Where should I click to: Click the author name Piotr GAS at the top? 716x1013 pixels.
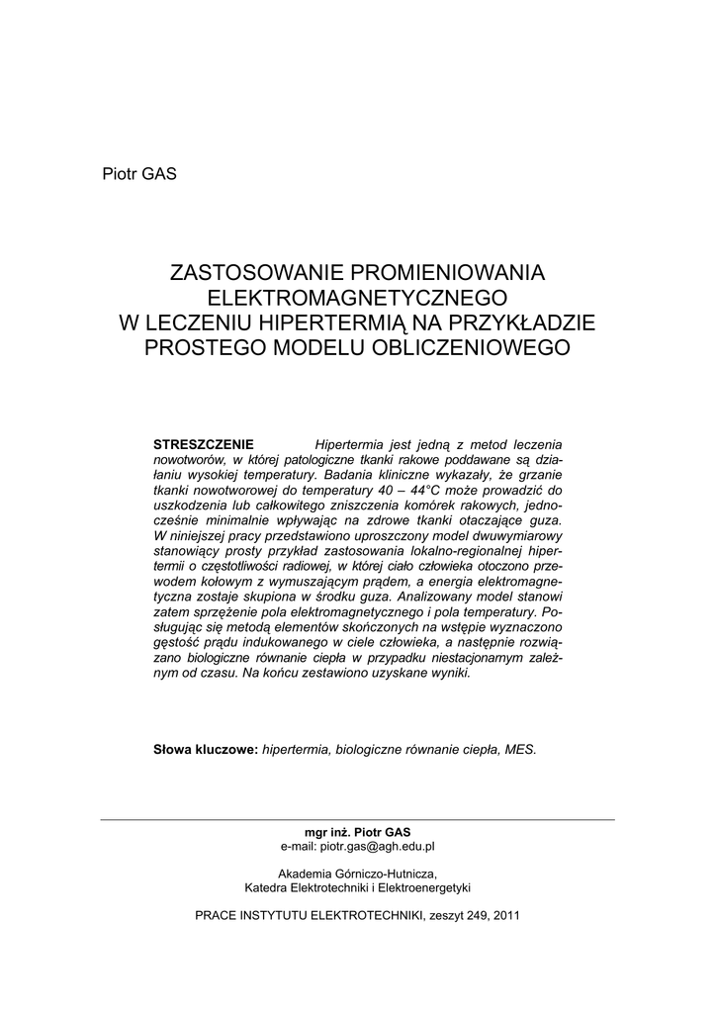137,174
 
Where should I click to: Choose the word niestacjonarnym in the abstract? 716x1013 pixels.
454,658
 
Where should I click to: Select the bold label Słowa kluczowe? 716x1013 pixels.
205,749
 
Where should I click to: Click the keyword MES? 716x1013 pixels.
520,749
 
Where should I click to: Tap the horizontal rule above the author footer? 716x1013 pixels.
357,819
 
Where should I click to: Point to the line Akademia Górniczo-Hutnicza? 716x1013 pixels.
357,874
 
